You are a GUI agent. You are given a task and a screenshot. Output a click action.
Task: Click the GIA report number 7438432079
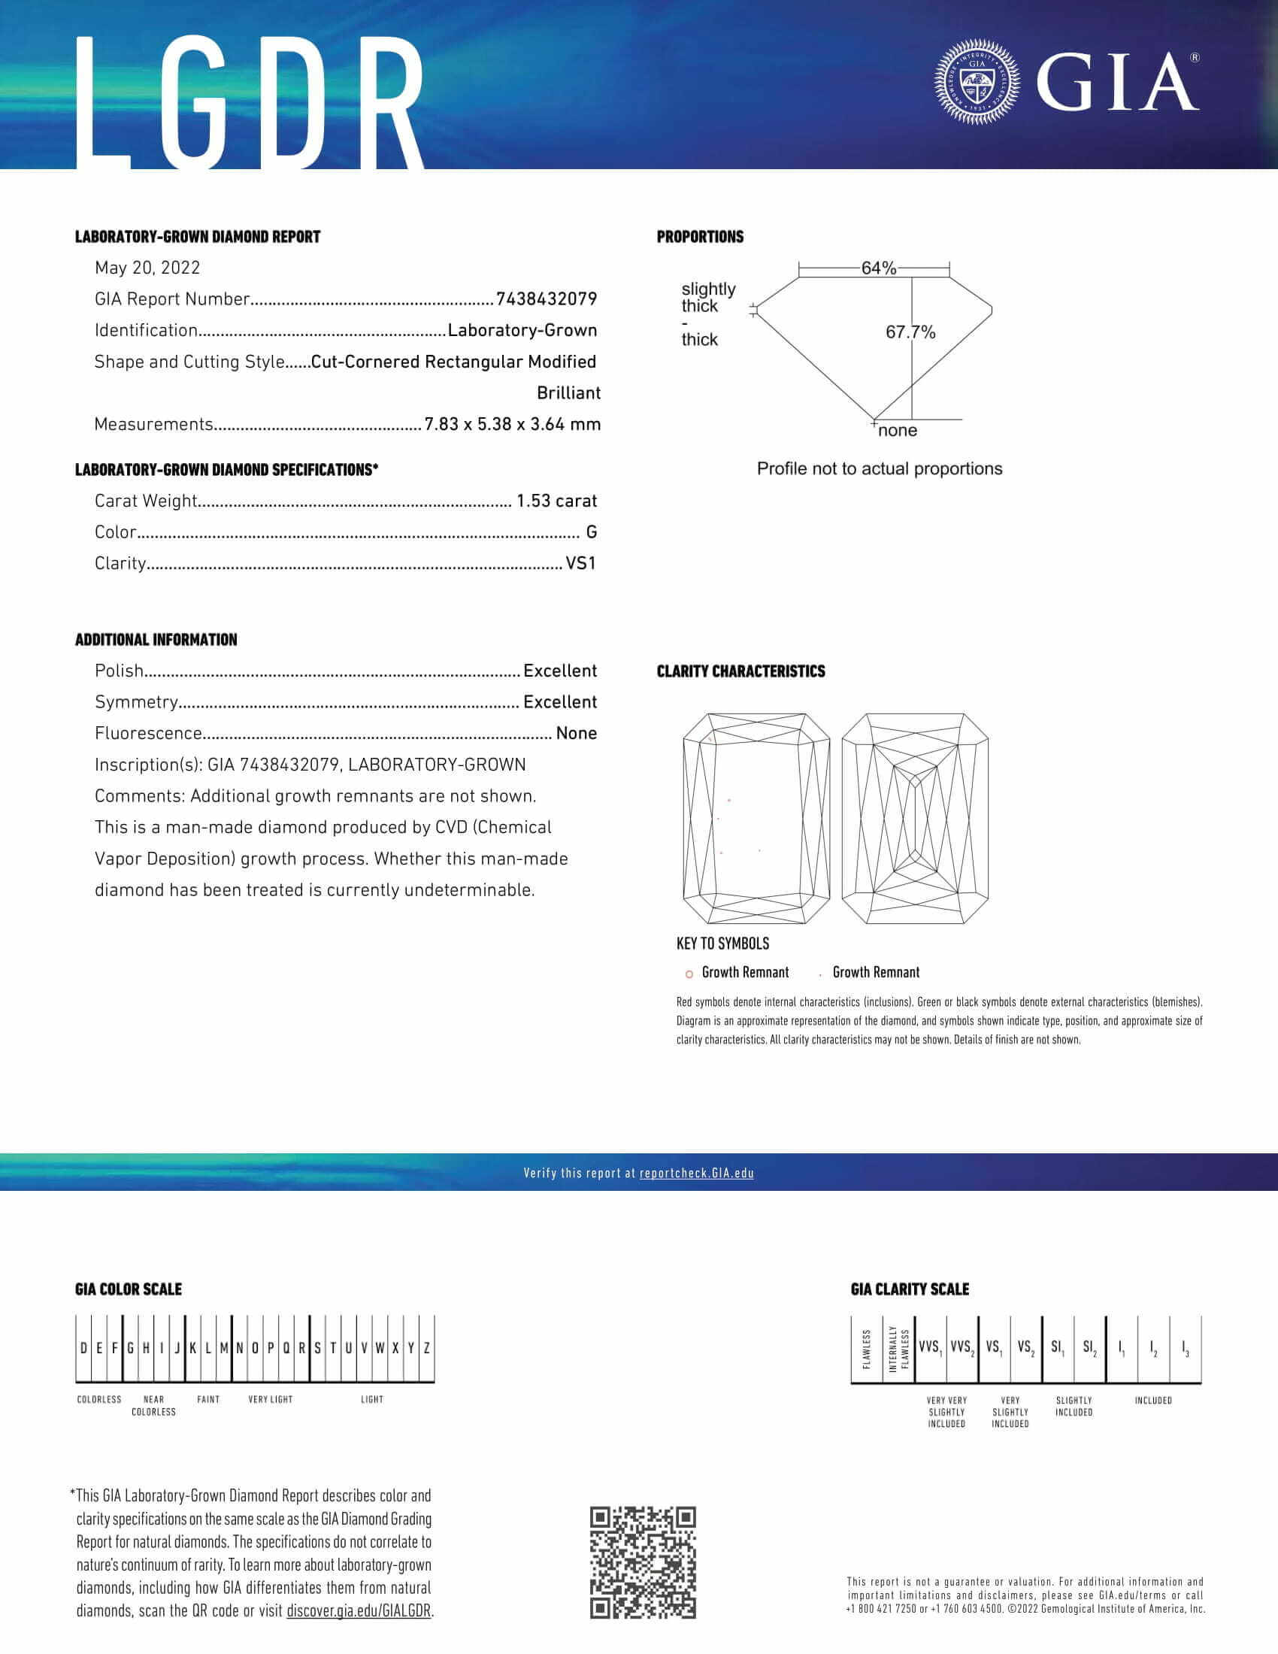pos(546,299)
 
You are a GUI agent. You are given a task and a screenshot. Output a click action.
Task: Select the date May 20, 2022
pos(147,268)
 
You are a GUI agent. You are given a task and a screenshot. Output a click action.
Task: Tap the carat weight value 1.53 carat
pos(556,501)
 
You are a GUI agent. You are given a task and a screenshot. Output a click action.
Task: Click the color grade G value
pos(592,532)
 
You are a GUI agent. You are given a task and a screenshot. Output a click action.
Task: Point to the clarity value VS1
pos(580,563)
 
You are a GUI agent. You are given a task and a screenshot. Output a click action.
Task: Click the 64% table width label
pos(878,268)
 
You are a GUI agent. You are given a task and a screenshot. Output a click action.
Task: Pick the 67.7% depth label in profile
pos(910,332)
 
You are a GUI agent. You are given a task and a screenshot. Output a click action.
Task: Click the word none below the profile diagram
pos(897,430)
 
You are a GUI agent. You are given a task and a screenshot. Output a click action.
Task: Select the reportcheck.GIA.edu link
pos(697,1173)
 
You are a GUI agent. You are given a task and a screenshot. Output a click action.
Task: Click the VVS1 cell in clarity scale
pos(931,1347)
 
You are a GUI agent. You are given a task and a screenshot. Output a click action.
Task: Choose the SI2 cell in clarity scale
pos(1089,1347)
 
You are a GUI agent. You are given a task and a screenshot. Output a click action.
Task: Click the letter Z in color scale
pos(427,1348)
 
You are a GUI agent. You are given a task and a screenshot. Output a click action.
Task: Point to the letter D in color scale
pos(83,1348)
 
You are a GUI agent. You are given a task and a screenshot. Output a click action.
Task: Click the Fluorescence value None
pos(576,733)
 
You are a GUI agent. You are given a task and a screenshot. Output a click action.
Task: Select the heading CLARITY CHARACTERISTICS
pos(740,671)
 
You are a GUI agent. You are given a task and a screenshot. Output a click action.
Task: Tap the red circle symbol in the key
pos(689,974)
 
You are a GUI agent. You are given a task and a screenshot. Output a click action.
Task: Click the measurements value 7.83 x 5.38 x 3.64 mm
pos(513,424)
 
